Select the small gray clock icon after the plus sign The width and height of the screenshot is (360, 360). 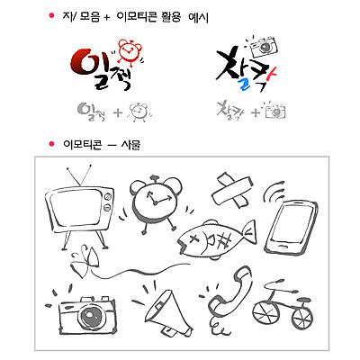click(139, 112)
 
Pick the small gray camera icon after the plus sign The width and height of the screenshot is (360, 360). click(274, 112)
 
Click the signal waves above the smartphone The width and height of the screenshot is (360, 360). click(274, 192)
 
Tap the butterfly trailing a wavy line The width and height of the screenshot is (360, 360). click(84, 261)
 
